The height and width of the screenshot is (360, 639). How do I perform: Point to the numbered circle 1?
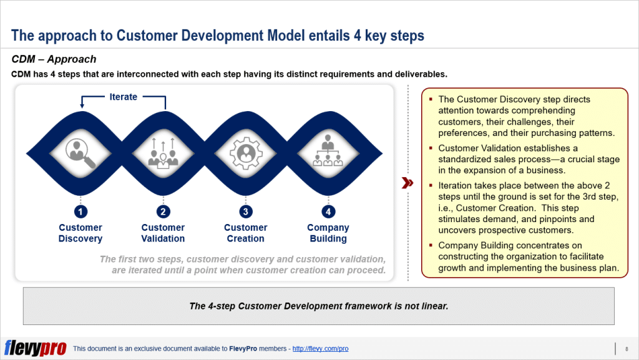[80, 212]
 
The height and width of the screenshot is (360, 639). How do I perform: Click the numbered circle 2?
[163, 212]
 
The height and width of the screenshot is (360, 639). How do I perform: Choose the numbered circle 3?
[245, 212]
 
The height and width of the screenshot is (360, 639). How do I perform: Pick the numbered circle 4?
[328, 212]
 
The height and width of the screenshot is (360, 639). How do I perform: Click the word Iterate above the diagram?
[123, 97]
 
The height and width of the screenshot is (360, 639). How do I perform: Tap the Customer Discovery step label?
[80, 233]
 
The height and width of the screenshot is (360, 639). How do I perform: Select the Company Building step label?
[328, 233]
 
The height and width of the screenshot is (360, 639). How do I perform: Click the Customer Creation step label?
[245, 233]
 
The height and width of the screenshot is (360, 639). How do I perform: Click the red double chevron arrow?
[407, 183]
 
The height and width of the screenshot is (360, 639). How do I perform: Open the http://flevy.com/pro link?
[320, 349]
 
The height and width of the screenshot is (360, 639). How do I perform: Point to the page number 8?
[626, 349]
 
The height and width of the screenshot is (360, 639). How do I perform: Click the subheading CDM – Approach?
[54, 59]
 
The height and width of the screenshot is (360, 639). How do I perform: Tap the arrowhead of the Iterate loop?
[81, 106]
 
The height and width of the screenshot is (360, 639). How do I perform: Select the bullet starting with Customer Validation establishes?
[529, 159]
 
